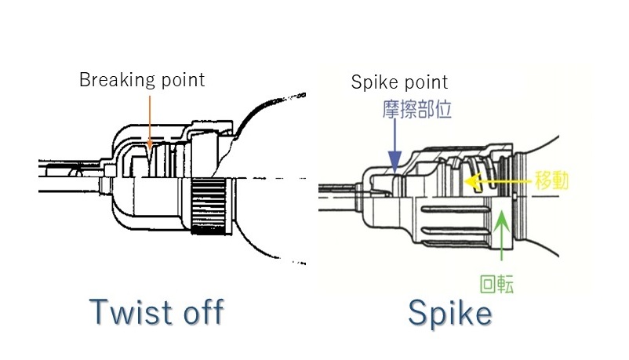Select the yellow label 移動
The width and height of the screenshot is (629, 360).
[551, 181]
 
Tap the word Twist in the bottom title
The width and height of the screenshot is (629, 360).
[130, 312]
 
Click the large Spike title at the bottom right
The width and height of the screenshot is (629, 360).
[449, 314]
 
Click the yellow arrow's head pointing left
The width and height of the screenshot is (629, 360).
[470, 182]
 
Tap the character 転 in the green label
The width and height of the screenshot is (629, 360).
[506, 283]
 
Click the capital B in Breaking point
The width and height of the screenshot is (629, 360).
[84, 80]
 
